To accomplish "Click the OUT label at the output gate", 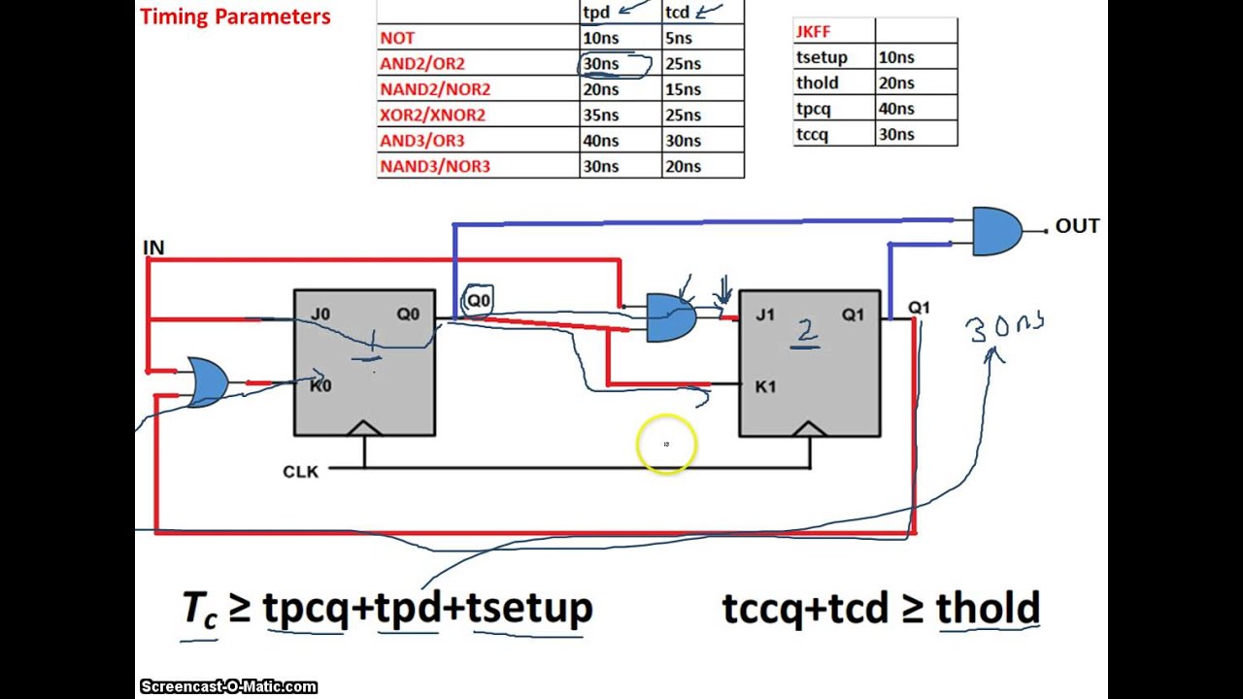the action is tap(1077, 226).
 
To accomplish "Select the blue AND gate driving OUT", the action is tap(997, 231).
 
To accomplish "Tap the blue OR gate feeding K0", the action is tap(208, 383).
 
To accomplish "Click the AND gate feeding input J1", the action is tap(671, 317).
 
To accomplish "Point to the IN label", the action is tap(153, 248).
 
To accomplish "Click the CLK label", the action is tap(300, 472).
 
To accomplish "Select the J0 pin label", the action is tap(320, 314).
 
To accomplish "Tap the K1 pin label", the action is tap(765, 386).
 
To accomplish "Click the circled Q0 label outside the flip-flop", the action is tap(479, 300).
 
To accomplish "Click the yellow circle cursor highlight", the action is tap(666, 444).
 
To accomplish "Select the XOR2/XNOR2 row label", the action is tap(432, 115).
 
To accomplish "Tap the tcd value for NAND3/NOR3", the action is tap(683, 166).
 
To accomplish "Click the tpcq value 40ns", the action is tap(896, 108).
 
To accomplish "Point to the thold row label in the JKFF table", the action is tap(818, 83).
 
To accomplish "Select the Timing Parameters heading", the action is tap(235, 17).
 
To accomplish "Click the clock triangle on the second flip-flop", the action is tap(809, 428).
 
